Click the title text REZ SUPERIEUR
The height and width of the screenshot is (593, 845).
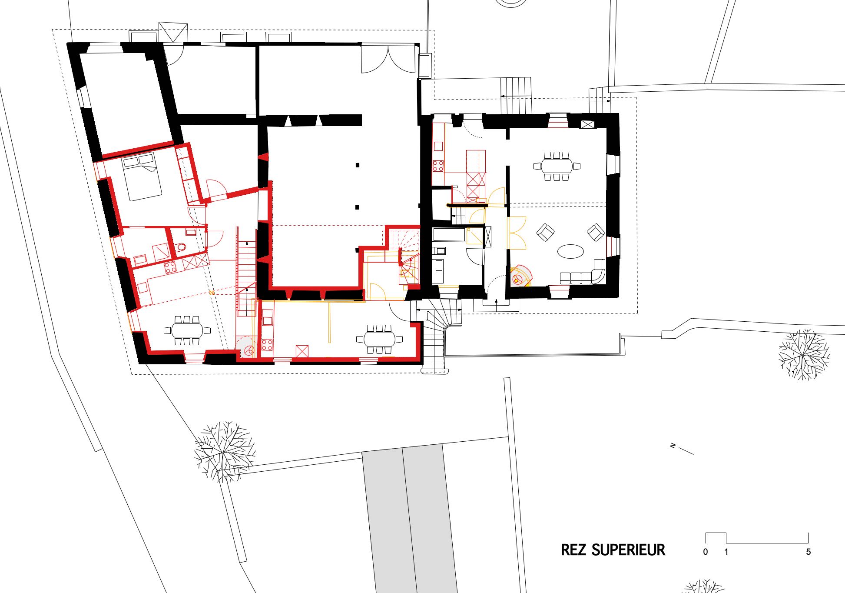pos(613,550)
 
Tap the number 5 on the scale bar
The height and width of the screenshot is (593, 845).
pos(809,552)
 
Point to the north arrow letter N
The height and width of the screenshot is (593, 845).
pos(673,446)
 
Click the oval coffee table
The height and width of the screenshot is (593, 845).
pos(570,251)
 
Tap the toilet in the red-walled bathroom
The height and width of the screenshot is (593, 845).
pos(181,247)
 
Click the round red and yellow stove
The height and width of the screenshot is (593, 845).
pos(520,276)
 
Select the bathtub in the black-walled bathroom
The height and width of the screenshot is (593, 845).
pos(449,235)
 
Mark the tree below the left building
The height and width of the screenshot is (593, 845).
pos(225,451)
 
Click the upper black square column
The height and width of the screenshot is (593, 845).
pos(358,165)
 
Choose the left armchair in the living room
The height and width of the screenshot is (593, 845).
pos(545,232)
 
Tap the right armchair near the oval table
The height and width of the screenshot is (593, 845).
pos(596,232)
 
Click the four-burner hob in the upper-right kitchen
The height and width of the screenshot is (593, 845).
pos(438,166)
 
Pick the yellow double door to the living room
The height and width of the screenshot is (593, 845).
pos(517,233)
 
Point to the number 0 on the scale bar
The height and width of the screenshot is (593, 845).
pos(706,552)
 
